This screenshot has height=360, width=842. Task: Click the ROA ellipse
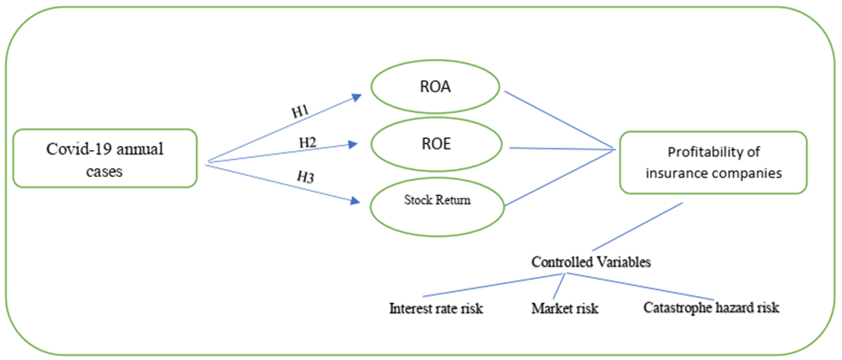tap(435, 87)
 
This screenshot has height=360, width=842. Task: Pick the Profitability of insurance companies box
tap(712, 161)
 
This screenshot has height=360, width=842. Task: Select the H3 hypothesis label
tap(306, 176)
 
